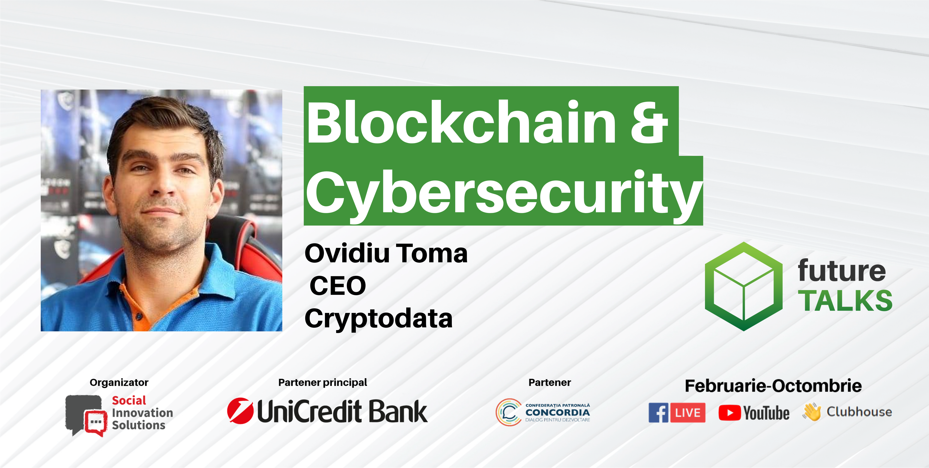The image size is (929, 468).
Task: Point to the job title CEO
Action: tap(338, 286)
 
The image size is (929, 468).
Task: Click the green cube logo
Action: tap(744, 286)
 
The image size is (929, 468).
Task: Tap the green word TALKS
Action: tap(845, 300)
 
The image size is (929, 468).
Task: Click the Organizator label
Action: tap(119, 382)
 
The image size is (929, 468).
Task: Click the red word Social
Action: tap(129, 400)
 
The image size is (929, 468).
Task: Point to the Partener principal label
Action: tap(322, 382)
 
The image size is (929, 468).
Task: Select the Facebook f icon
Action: tap(659, 412)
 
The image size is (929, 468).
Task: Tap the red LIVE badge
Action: tap(688, 412)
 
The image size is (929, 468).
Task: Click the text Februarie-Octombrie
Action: tap(773, 386)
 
